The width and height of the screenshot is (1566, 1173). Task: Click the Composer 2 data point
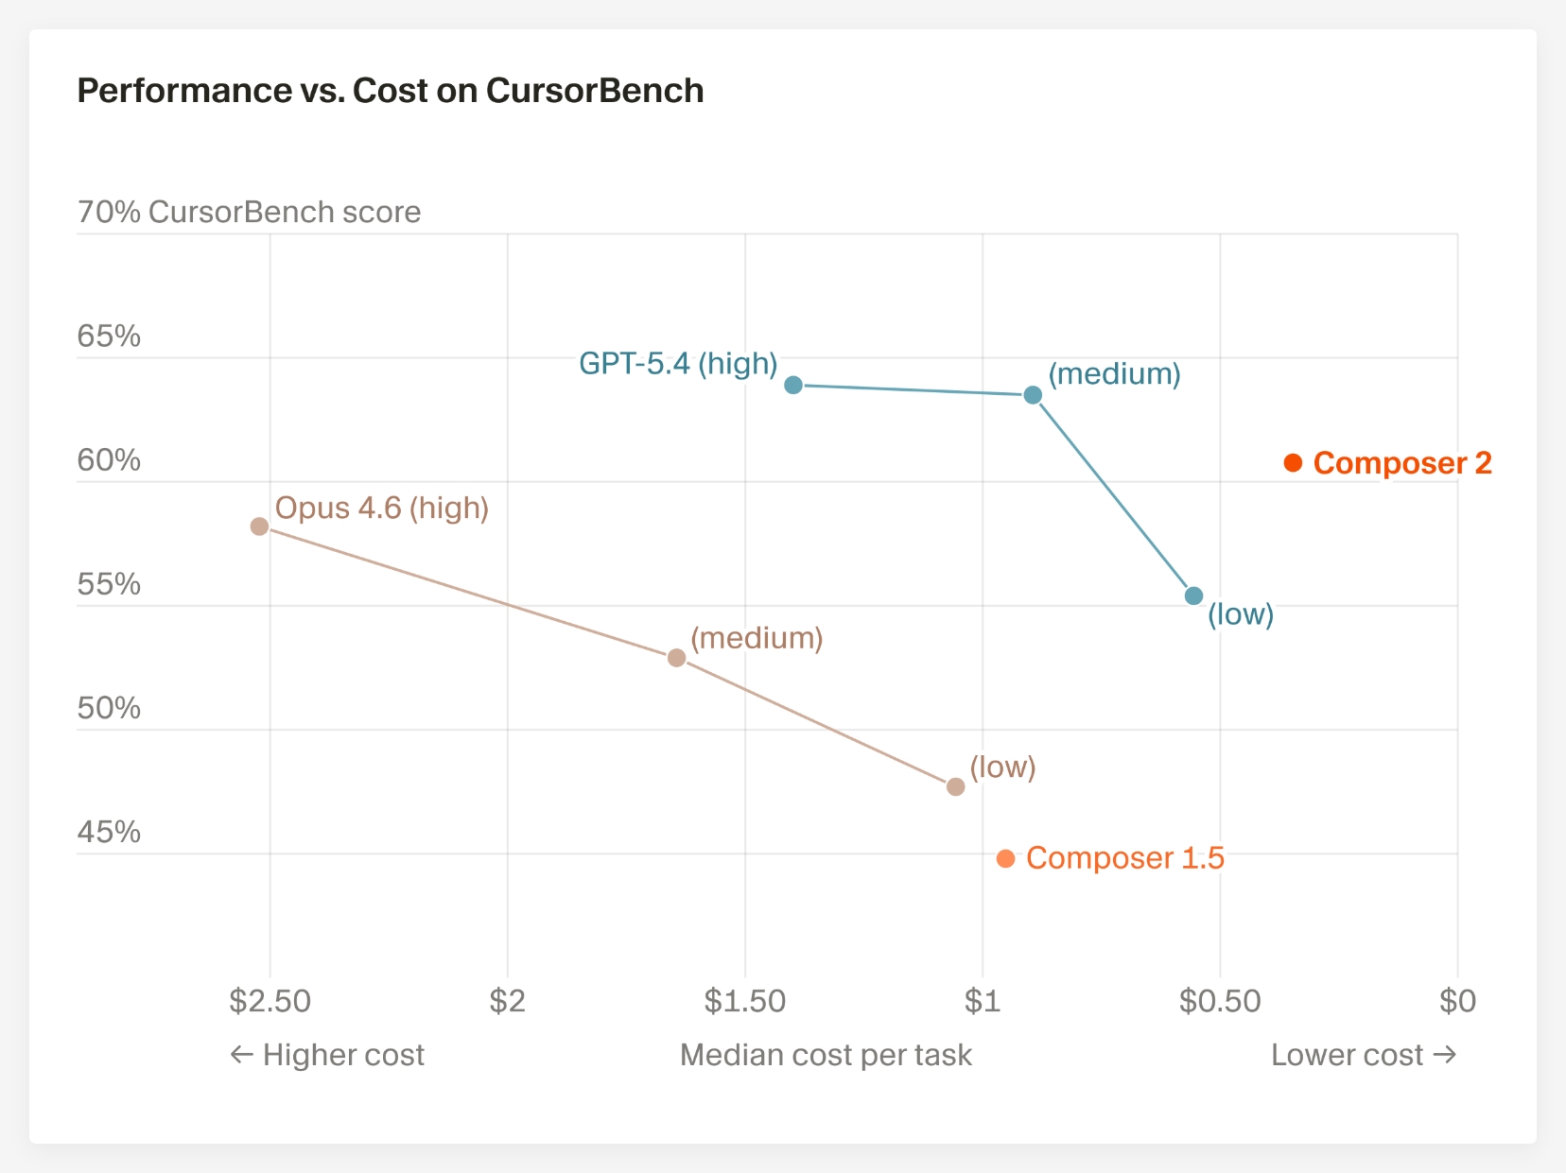click(x=1293, y=463)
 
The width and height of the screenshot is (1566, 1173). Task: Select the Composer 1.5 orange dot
click(x=1005, y=858)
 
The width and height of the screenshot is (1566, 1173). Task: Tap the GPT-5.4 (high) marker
click(x=793, y=385)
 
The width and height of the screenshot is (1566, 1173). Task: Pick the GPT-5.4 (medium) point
click(x=1033, y=395)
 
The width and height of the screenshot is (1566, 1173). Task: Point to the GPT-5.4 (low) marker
click(x=1193, y=595)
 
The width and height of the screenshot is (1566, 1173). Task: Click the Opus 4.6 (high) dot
click(x=259, y=526)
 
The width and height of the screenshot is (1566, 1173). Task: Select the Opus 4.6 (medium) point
click(x=676, y=658)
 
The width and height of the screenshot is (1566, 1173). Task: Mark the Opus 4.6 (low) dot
click(x=955, y=786)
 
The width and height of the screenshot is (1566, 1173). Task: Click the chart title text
click(x=390, y=91)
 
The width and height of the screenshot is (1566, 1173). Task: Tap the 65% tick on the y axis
click(x=109, y=336)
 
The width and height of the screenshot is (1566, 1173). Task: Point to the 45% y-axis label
click(x=109, y=832)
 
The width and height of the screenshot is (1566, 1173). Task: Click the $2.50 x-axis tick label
click(x=270, y=1001)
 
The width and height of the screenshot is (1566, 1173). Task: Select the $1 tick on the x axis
click(x=982, y=1001)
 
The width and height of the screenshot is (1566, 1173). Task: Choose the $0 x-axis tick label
click(x=1456, y=1001)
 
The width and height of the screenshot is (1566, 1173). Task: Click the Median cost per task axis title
click(x=826, y=1055)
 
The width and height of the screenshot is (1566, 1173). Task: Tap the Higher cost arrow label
click(x=327, y=1055)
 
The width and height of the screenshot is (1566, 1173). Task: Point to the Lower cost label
click(x=1363, y=1055)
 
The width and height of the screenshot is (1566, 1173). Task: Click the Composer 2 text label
click(x=1401, y=463)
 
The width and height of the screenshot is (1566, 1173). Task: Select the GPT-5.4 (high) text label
click(x=678, y=364)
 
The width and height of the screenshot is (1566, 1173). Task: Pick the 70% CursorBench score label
click(x=249, y=212)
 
